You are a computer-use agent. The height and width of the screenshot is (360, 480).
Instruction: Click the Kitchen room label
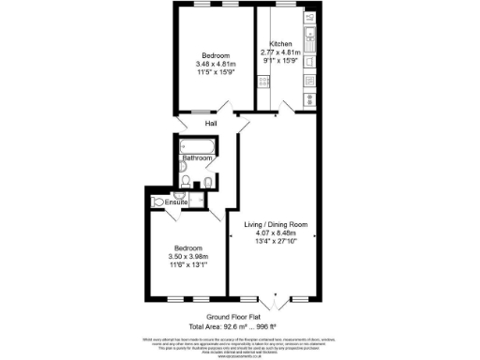[x=280, y=44]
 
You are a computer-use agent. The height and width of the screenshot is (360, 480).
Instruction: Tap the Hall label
[x=200, y=124]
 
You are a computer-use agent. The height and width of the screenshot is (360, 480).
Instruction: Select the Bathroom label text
[x=197, y=158]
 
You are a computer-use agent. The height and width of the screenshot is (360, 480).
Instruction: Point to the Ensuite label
[x=175, y=202]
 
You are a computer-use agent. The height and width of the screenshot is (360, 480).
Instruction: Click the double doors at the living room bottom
[x=273, y=303]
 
